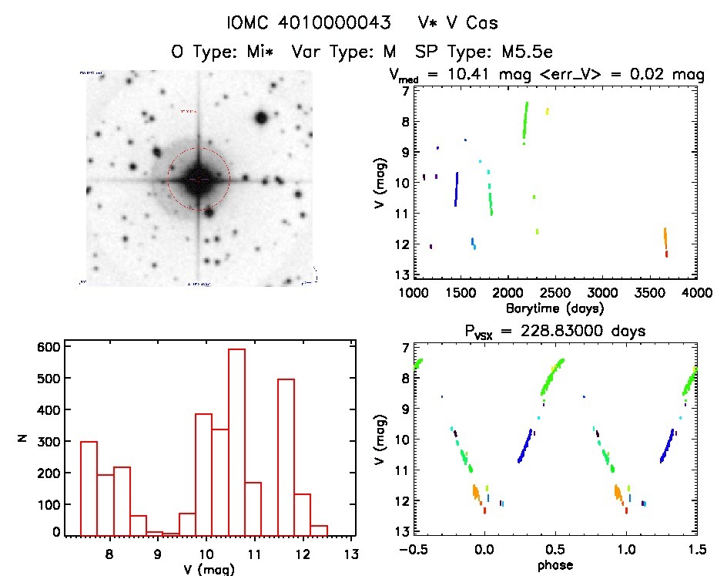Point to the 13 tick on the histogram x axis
(351, 554)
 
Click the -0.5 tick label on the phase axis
(409, 551)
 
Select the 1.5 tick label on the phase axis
(696, 551)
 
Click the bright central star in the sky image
(199, 179)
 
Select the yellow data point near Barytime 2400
(548, 111)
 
